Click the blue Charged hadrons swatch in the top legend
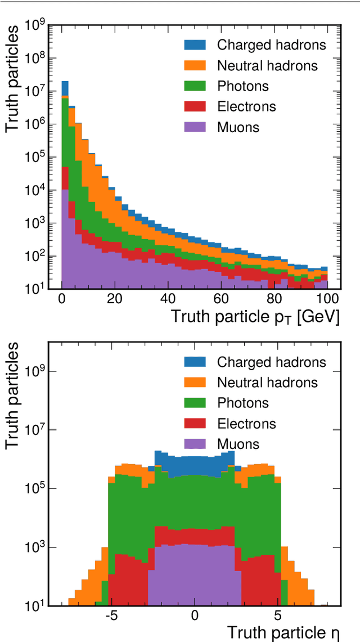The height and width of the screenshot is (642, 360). (196, 45)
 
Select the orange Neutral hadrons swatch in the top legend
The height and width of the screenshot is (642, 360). (196, 66)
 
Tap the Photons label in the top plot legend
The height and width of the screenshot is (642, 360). (242, 86)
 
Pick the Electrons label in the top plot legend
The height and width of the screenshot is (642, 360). (246, 106)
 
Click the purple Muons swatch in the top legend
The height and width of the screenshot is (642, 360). (196, 127)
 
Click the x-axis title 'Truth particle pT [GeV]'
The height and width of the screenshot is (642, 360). (255, 317)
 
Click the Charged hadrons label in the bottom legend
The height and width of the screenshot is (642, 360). (271, 362)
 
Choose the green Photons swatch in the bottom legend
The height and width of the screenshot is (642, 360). (196, 403)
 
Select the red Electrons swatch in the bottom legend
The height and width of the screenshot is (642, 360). (196, 424)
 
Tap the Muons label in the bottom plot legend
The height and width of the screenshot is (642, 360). (238, 444)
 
